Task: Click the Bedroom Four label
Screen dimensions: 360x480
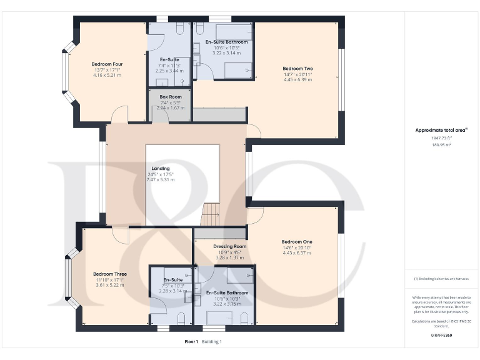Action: click(x=106, y=64)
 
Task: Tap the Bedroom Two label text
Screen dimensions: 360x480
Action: click(x=297, y=69)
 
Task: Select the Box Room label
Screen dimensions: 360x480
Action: click(x=171, y=97)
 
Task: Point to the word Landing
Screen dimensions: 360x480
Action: click(x=160, y=169)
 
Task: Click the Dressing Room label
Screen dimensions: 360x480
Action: click(x=229, y=246)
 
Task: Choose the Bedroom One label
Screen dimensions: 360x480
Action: click(x=296, y=242)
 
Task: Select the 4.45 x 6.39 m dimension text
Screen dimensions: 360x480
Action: click(x=297, y=80)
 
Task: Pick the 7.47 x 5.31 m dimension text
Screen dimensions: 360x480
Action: click(x=160, y=180)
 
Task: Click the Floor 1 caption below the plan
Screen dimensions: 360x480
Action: click(x=191, y=342)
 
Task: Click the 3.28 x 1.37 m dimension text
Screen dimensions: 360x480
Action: click(x=229, y=257)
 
